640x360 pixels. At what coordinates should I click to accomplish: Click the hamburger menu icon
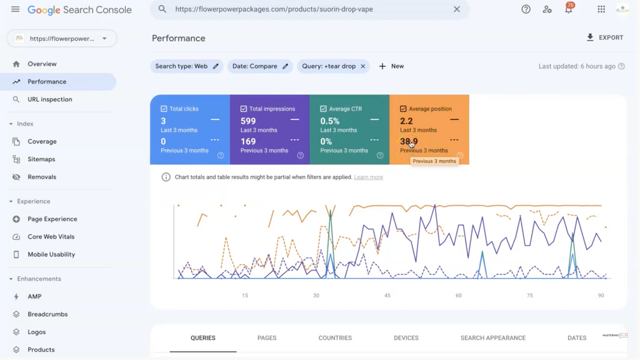point(15,9)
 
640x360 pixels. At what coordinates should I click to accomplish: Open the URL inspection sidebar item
point(49,99)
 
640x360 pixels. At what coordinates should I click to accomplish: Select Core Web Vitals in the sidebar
point(50,236)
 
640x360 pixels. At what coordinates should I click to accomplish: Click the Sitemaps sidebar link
point(41,159)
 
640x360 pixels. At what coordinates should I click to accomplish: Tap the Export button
point(605,37)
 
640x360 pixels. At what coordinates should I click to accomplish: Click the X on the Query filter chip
point(363,66)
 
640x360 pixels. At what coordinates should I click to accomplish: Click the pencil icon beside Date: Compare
point(285,66)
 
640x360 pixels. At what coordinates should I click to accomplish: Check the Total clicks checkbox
point(164,108)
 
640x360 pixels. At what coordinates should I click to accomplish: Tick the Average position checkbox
point(403,108)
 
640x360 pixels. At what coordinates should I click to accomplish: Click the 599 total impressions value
point(248,121)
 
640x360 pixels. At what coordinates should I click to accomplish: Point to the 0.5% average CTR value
point(329,121)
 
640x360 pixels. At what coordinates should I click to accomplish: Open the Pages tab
point(266,338)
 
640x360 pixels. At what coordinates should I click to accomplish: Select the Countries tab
point(335,338)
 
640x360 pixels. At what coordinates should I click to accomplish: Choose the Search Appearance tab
point(492,338)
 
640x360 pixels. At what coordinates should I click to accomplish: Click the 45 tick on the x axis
point(387,295)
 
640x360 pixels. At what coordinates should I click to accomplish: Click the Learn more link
point(368,177)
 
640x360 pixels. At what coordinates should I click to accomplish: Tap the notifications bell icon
point(568,9)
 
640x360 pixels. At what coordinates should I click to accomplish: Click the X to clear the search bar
point(456,9)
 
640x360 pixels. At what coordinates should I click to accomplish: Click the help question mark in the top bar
point(525,9)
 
